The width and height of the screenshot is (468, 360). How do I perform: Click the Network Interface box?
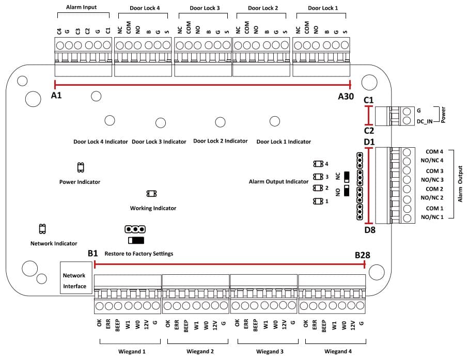click(74, 280)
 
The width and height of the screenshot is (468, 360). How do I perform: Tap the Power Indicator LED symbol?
click(80, 167)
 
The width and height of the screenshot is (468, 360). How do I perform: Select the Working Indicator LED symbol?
click(151, 194)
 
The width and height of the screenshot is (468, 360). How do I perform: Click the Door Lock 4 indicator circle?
click(110, 120)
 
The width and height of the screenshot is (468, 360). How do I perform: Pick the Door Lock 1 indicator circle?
click(275, 121)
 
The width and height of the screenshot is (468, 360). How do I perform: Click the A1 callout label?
click(57, 96)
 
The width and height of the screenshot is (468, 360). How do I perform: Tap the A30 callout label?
click(346, 97)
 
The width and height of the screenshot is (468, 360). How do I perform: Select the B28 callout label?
click(362, 255)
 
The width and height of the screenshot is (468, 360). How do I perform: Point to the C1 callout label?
click(369, 100)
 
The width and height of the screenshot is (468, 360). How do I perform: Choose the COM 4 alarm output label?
click(434, 152)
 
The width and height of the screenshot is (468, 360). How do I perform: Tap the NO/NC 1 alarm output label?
click(432, 217)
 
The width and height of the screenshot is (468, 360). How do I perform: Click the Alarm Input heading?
click(81, 8)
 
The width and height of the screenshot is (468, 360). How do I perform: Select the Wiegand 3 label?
click(269, 352)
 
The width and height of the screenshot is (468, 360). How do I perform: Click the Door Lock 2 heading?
click(263, 8)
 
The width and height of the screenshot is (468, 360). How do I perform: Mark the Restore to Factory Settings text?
click(138, 254)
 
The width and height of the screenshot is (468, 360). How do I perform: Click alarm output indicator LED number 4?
click(318, 164)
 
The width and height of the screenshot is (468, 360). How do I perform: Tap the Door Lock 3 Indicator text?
click(159, 142)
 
